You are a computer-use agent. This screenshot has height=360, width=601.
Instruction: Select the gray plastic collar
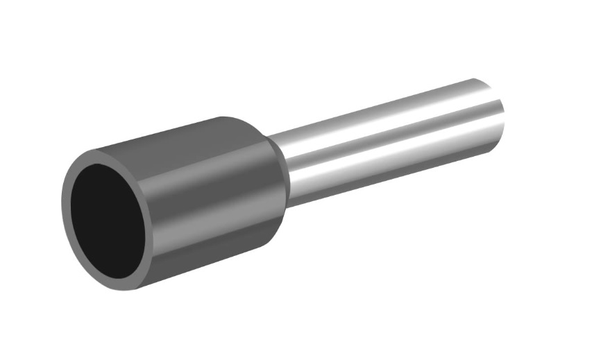point(208,201)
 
